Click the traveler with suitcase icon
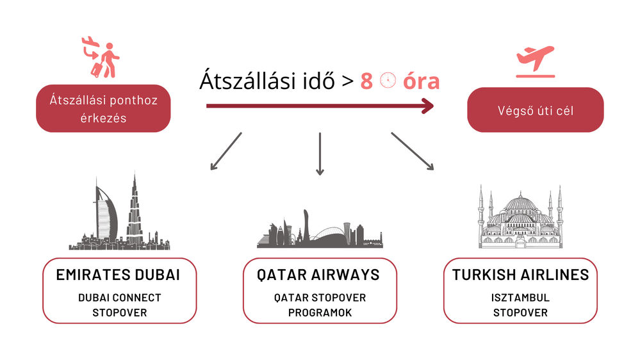tap(101, 57)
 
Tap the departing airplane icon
tap(535, 61)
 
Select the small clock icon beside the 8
tap(388, 81)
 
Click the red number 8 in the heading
tap(366, 81)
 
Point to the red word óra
tap(422, 81)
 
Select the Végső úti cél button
tap(535, 110)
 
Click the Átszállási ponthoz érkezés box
tap(103, 108)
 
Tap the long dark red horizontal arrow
tap(320, 106)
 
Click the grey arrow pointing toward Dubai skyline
tap(226, 151)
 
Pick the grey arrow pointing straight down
tap(320, 154)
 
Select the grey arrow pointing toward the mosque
tap(412, 151)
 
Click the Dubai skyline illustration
tap(119, 212)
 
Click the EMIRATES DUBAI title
tap(118, 275)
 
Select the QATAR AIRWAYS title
tap(318, 275)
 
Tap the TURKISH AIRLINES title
tap(520, 275)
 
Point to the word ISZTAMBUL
tap(520, 298)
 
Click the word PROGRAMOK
tap(320, 313)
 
